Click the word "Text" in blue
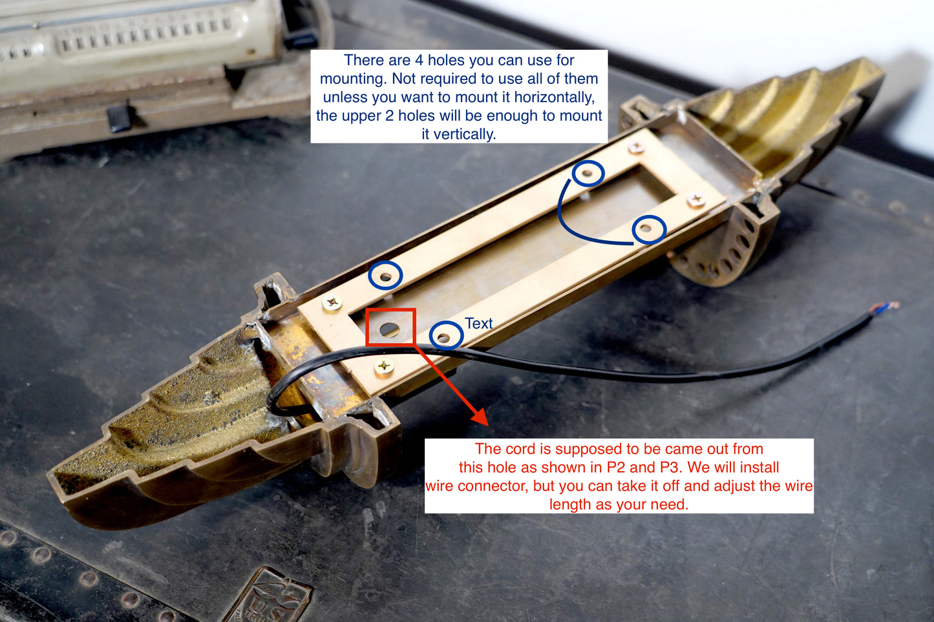pos(479,324)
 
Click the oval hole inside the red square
pos(390,330)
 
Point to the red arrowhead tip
pos(488,426)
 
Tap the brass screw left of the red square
pos(332,302)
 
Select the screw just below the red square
pos(383,367)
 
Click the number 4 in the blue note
pos(419,61)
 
